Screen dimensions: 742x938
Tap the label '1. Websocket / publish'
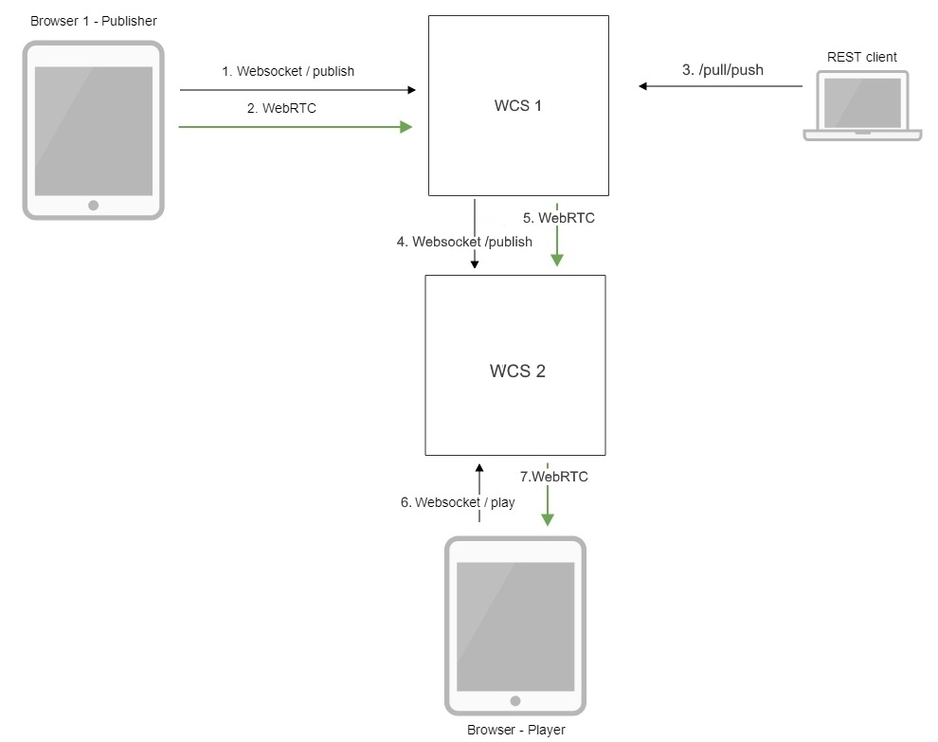tap(288, 71)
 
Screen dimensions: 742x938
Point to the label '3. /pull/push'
tap(722, 69)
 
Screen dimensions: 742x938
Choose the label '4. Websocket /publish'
tap(464, 242)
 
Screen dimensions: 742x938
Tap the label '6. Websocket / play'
tap(458, 502)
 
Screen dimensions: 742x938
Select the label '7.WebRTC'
tap(554, 477)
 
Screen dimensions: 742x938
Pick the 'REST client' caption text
tap(861, 57)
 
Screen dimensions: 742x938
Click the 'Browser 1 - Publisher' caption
tap(94, 21)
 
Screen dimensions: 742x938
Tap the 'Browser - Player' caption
tap(515, 730)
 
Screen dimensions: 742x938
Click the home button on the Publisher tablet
tap(93, 205)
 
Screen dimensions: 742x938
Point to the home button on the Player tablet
tap(515, 701)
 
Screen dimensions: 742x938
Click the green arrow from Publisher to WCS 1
tap(294, 126)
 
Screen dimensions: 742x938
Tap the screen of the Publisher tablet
tap(93, 131)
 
